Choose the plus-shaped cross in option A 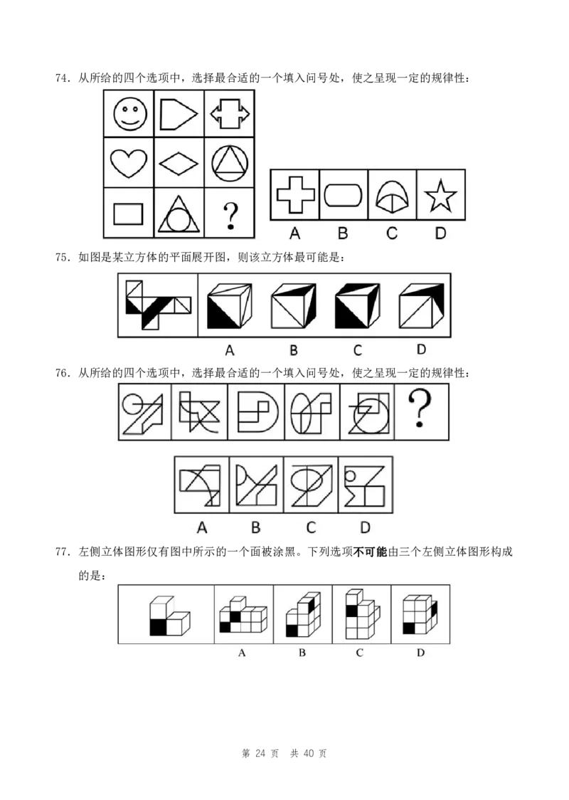pos(295,194)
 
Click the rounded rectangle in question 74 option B pos(343,195)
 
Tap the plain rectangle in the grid pos(128,214)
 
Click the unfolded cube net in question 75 pos(158,305)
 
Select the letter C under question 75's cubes pos(358,350)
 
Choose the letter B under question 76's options pos(256,527)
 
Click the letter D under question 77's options pos(420,653)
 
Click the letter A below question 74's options pos(294,233)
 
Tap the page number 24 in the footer pos(260,754)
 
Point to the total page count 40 pos(309,754)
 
